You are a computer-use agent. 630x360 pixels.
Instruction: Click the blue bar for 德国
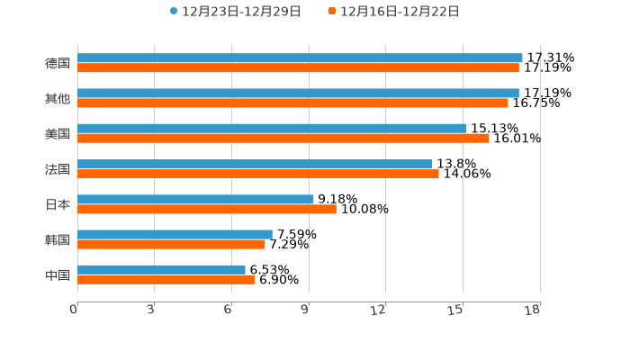point(300,58)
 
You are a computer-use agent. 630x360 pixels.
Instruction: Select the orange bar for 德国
point(298,67)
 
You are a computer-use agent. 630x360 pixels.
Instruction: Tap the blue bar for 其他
point(298,93)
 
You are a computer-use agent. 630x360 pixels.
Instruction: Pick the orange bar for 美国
point(283,139)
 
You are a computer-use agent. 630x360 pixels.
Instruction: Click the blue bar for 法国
point(255,164)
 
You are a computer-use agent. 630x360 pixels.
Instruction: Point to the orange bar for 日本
point(207,209)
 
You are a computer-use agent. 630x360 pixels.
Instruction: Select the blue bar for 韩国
point(175,234)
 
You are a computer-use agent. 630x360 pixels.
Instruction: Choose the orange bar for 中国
point(166,279)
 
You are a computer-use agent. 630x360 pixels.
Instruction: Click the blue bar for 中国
point(161,269)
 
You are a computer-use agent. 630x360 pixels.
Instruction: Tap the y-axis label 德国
point(58,63)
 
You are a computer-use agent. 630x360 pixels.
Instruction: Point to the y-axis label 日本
point(58,204)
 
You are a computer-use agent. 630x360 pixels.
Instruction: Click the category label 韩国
point(58,239)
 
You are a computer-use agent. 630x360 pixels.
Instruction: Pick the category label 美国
point(58,133)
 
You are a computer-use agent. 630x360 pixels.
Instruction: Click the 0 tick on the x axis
point(75,310)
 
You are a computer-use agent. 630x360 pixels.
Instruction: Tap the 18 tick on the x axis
point(533,310)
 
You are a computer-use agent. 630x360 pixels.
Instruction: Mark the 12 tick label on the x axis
point(379,310)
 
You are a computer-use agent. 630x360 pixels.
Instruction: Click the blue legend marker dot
point(174,12)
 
